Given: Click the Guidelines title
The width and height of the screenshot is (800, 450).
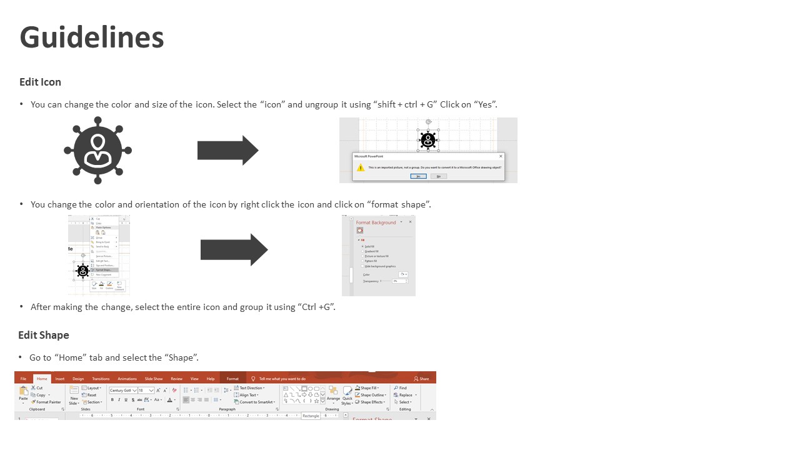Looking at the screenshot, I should pyautogui.click(x=92, y=37).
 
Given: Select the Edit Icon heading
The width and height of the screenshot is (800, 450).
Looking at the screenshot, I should pyautogui.click(x=40, y=82).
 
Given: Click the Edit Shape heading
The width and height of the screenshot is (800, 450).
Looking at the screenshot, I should pyautogui.click(x=43, y=335).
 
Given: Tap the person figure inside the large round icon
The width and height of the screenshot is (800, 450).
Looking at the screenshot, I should pyautogui.click(x=97, y=151).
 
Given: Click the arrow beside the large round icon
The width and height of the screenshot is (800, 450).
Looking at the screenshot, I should pyautogui.click(x=227, y=151).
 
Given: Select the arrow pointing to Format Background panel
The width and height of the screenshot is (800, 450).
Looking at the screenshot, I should pyautogui.click(x=234, y=250).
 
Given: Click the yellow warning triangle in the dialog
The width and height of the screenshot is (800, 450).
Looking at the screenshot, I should pyautogui.click(x=360, y=167).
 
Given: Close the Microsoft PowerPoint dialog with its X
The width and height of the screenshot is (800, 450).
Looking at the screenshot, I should pyautogui.click(x=501, y=156).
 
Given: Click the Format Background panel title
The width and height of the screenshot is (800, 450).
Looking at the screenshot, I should pyautogui.click(x=376, y=222).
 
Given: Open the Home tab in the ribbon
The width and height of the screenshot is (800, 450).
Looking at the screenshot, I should pyautogui.click(x=42, y=379).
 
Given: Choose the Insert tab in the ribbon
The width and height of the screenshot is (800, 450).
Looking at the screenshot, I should pyautogui.click(x=60, y=379).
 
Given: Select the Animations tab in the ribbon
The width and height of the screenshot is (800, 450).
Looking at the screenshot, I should pyautogui.click(x=127, y=379).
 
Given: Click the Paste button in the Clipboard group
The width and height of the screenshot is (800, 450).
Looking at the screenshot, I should pyautogui.click(x=23, y=394).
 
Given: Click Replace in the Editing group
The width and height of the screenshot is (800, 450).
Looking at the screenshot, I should pyautogui.click(x=405, y=395).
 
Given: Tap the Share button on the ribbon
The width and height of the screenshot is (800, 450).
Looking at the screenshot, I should pyautogui.click(x=422, y=379).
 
